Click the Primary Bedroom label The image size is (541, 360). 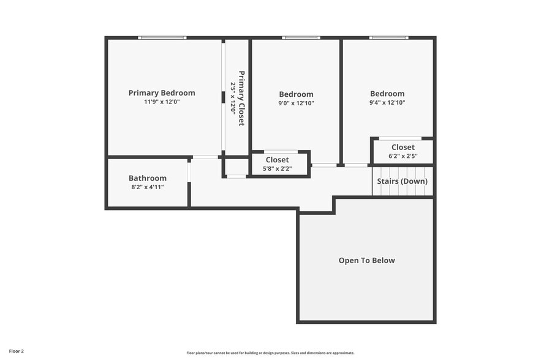162,93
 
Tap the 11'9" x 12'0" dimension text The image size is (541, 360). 162,102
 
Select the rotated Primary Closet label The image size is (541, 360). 241,98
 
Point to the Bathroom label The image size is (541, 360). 148,178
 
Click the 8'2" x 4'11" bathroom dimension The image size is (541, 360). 148,187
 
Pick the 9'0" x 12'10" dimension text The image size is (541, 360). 296,103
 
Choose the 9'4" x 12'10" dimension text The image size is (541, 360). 387,103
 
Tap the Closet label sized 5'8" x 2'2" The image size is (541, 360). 277,160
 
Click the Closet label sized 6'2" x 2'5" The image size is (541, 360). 403,147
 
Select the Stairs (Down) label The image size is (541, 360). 402,181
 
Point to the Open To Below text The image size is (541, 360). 366,260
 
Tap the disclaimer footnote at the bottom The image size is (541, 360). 270,353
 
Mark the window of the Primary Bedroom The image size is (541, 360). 162,38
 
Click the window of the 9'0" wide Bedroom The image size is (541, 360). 301,38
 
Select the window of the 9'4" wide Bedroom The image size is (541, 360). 388,38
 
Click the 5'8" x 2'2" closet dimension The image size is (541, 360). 277,169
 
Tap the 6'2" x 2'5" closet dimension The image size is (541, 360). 403,156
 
